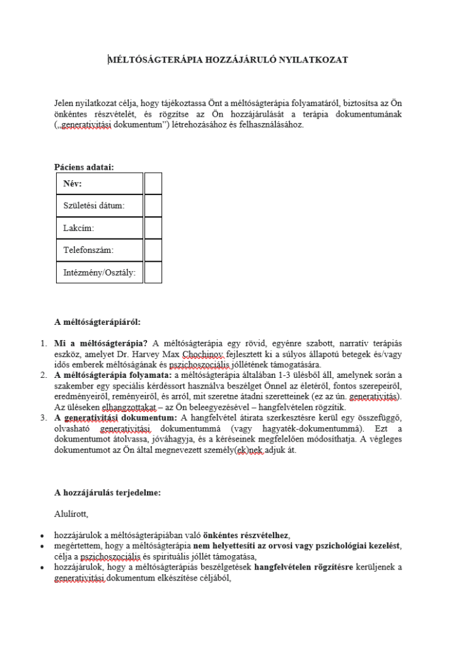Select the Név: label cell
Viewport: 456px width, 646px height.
click(100, 184)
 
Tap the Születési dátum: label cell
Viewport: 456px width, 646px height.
click(100, 206)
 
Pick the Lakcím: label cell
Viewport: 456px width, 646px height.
click(100, 228)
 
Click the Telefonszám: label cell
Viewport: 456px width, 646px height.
click(100, 250)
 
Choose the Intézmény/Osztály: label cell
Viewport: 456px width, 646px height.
click(100, 273)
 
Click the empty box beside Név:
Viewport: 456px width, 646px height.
click(153, 184)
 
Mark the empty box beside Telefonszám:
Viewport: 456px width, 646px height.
click(153, 250)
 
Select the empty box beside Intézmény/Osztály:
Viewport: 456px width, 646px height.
click(153, 273)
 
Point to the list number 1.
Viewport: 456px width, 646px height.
click(44, 343)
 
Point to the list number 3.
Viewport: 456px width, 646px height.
click(44, 418)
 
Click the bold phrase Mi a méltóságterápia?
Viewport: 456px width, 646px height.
click(101, 343)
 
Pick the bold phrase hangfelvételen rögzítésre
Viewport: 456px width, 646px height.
click(301, 567)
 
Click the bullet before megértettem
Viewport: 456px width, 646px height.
click(42, 546)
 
